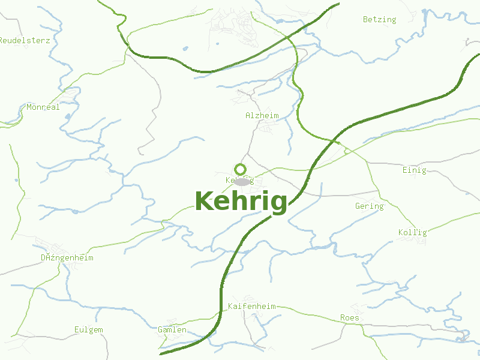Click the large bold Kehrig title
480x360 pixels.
pos(241,202)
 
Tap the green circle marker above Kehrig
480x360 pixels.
pos(240,169)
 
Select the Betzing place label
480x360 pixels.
pos(379,19)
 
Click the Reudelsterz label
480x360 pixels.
pos(24,40)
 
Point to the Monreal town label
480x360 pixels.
pos(43,107)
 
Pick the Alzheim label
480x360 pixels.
pos(262,115)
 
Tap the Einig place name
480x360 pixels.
pos(414,170)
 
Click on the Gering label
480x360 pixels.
pos(369,206)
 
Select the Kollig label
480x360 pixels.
pos(412,232)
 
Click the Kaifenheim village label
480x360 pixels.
pos(251,306)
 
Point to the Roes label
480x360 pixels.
pos(349,317)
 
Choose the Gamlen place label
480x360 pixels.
pos(172,329)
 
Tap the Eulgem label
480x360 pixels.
pos(88,329)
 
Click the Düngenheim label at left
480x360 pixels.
pos(67,257)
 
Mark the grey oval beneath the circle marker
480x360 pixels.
pos(242,181)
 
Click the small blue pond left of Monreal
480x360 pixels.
pos(68,117)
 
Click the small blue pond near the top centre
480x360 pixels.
pos(185,48)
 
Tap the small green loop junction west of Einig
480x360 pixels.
pos(347,151)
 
